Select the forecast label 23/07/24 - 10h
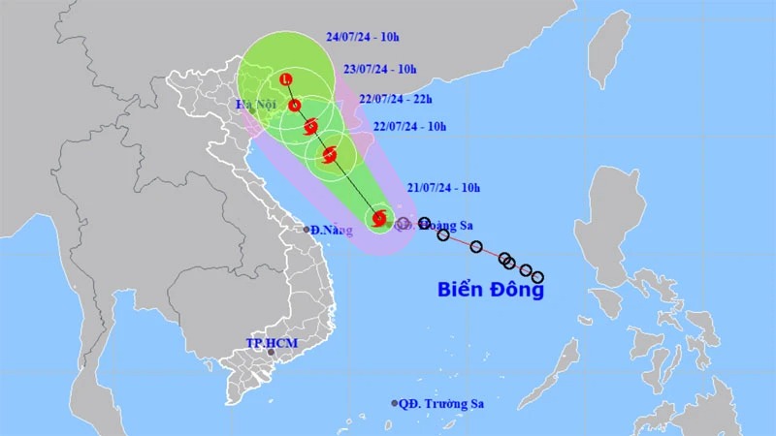point(380,69)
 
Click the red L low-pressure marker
point(285,78)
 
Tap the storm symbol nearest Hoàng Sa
point(379,219)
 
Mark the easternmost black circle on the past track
point(536,277)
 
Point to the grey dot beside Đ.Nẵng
point(307,230)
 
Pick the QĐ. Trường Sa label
point(441,403)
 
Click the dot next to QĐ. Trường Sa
point(395,403)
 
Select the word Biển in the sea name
point(462,289)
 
